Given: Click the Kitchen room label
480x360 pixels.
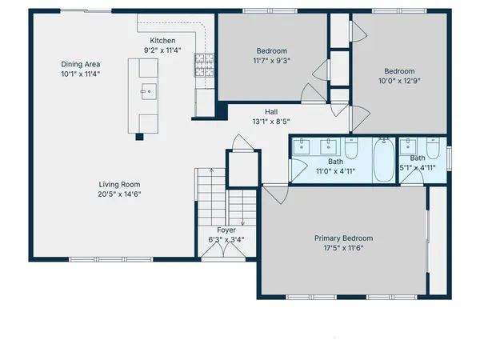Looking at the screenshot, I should tap(162, 41).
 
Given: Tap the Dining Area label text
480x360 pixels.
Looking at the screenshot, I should tap(81, 64).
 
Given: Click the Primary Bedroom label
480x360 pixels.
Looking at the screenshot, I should tap(342, 238).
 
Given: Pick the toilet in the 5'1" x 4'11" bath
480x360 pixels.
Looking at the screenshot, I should tap(434, 149).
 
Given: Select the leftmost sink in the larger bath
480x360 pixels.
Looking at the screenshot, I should tap(302, 146).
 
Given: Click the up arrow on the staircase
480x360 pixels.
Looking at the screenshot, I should tap(210, 173).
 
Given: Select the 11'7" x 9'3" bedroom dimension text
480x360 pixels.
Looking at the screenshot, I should tap(271, 60).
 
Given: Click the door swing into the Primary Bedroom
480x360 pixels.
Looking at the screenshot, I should tap(273, 194).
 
